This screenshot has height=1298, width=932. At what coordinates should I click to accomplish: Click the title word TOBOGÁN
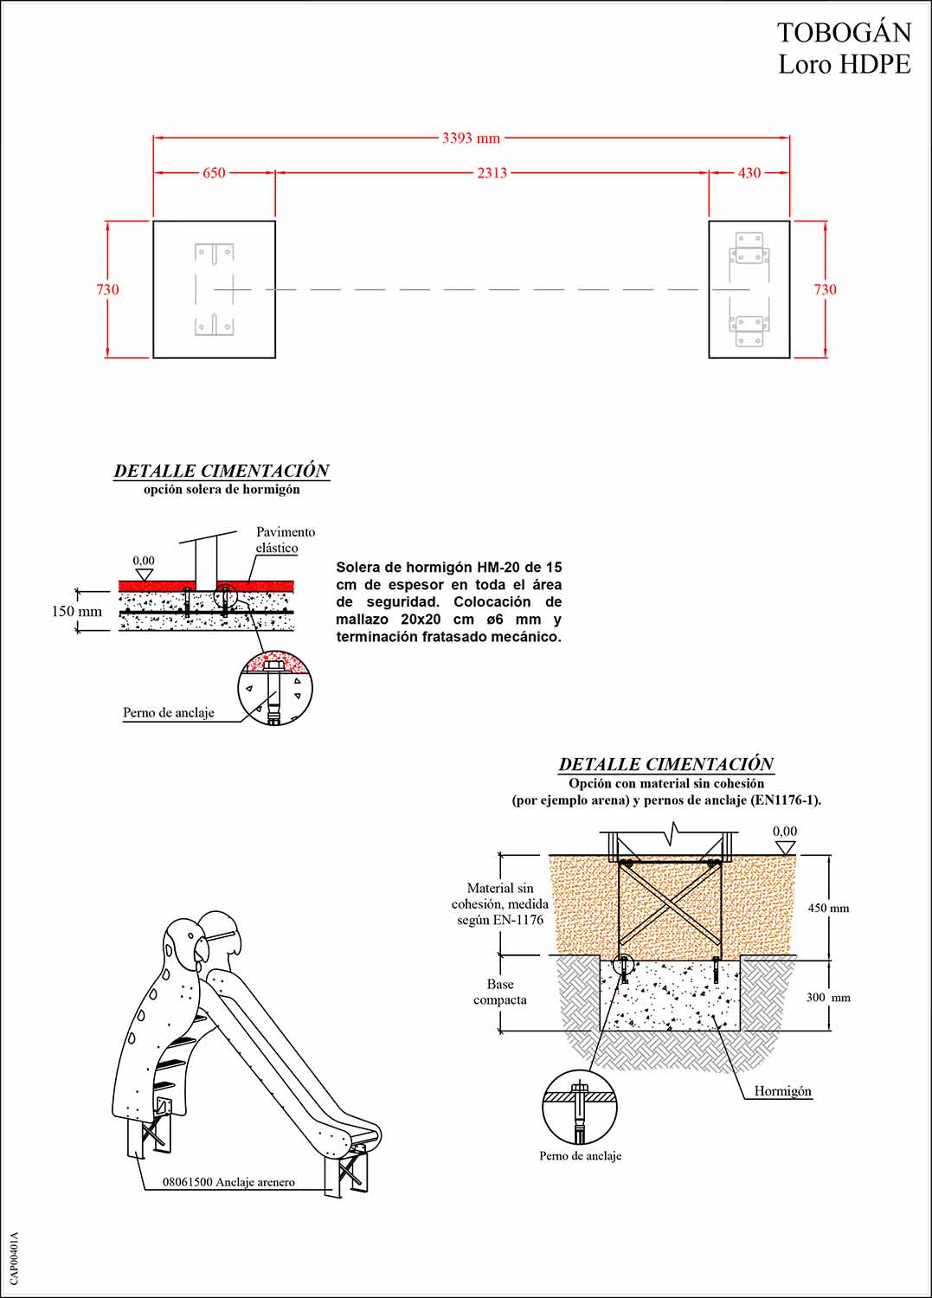[x=844, y=33]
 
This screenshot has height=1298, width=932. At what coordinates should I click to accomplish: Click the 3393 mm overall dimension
[x=471, y=138]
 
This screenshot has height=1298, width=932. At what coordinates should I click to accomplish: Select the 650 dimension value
[x=214, y=173]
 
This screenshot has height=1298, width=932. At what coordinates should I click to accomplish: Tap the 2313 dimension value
[x=492, y=173]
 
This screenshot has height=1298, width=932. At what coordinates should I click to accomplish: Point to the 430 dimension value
[x=749, y=173]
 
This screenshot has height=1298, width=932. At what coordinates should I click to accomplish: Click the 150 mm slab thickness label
[x=76, y=612]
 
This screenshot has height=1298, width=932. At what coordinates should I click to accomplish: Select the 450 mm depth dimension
[x=828, y=909]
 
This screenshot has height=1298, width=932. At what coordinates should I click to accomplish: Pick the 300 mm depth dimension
[x=828, y=998]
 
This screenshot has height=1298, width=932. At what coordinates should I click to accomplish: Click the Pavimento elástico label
[x=285, y=540]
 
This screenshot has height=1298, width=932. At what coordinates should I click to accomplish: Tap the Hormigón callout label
[x=782, y=1091]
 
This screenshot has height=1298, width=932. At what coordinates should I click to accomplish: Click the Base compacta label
[x=499, y=992]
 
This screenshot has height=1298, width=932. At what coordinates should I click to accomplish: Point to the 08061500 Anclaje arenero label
[x=228, y=1182]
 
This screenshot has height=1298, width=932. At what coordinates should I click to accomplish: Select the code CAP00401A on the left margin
[x=15, y=1258]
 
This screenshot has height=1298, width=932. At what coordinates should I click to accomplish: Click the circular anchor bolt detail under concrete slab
[x=275, y=689]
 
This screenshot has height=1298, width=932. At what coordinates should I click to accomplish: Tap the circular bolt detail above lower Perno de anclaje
[x=580, y=1107]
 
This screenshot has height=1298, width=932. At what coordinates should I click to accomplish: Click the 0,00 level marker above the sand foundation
[x=785, y=832]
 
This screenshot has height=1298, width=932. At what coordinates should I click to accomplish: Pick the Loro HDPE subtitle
[x=844, y=64]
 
